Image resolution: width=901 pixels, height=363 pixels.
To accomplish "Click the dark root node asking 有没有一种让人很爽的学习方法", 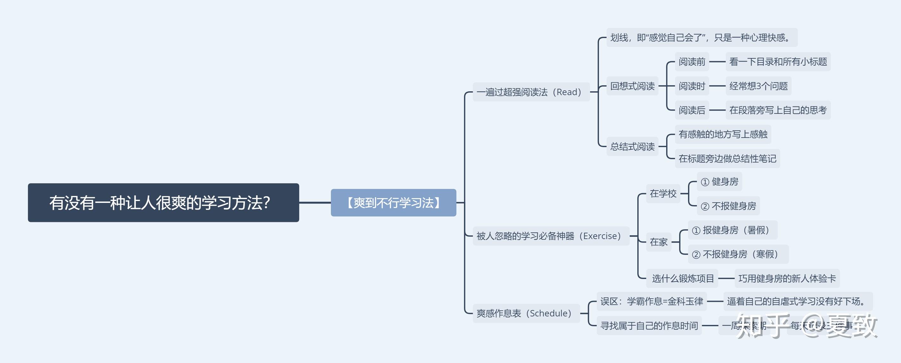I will tap(163, 203).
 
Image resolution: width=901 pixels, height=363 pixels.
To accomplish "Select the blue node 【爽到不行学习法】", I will tap(393, 203).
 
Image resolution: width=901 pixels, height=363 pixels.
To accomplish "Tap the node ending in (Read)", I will tap(531, 92).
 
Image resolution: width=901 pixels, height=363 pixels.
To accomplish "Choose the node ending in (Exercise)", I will tap(550, 236).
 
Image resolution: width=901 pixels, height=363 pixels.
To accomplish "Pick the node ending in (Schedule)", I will tap(526, 313).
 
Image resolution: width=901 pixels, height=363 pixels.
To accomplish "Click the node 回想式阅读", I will tap(632, 86).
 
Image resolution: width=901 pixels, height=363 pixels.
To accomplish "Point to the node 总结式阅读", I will tap(632, 146).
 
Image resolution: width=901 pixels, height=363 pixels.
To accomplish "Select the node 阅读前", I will tap(692, 62).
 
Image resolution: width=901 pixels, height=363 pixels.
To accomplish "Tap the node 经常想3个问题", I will tap(758, 86).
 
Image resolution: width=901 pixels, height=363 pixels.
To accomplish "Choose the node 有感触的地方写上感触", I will tap(723, 134).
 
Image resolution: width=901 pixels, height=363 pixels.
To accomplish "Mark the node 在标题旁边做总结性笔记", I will tap(727, 159).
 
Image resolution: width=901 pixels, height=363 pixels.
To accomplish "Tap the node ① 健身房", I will tap(719, 182).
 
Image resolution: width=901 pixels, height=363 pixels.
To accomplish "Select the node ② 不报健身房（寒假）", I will tap(738, 254).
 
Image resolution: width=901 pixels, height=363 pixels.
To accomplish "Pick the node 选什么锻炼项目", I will tap(682, 278).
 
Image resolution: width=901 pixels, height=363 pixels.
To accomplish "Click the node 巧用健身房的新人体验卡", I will tap(787, 278).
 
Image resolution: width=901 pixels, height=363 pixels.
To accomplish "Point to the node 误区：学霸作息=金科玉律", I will tap(651, 301).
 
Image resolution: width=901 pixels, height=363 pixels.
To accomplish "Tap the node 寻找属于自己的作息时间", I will tap(649, 326).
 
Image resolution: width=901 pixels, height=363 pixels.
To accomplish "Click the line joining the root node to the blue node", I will tap(315, 203).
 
